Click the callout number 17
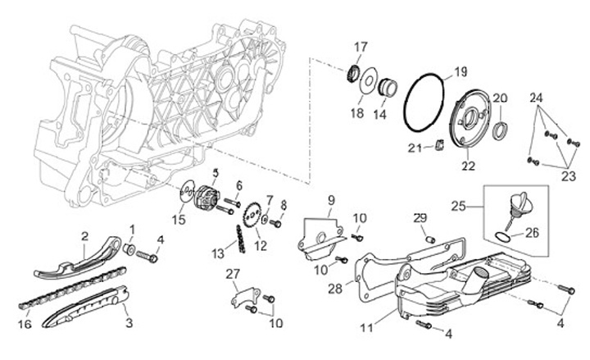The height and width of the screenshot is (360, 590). click(360, 48)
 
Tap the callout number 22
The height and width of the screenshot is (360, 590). click(468, 166)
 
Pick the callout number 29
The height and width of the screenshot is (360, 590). click(420, 217)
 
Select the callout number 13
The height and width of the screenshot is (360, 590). click(218, 253)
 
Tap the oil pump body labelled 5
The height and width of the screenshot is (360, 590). click(207, 198)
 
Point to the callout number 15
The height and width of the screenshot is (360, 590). click(179, 220)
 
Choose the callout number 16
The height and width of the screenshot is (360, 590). click(25, 323)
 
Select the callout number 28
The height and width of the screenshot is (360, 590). click(335, 289)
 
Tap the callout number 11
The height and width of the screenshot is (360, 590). click(366, 328)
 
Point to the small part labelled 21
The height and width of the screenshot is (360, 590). click(439, 144)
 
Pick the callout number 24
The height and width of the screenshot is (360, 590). click(536, 98)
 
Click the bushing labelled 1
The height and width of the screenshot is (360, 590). click(129, 248)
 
